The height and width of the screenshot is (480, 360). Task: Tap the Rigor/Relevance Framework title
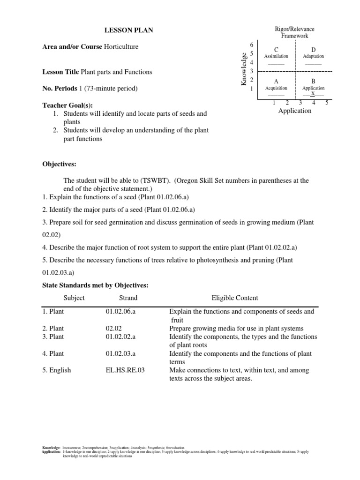pos(294,32)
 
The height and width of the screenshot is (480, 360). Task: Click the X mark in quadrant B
pos(313,94)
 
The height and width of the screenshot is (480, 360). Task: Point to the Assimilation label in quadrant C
pos(276,56)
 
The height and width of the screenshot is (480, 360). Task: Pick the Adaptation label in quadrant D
pos(313,56)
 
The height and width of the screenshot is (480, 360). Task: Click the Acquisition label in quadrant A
pos(276,88)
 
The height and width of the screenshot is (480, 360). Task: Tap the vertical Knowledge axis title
pos(243,69)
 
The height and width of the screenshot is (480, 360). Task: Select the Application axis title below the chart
pos(294,111)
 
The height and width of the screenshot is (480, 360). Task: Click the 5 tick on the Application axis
pos(327,103)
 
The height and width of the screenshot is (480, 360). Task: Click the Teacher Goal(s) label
pos(64,105)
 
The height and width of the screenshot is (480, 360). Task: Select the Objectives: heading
pos(59,165)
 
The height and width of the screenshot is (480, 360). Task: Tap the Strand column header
pos(128,298)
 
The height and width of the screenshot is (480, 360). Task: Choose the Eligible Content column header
pos(234,298)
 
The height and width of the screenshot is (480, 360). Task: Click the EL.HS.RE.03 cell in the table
pos(125,370)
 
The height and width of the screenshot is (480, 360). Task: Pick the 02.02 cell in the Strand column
pos(114,328)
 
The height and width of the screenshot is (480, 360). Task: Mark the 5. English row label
pos(57,370)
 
